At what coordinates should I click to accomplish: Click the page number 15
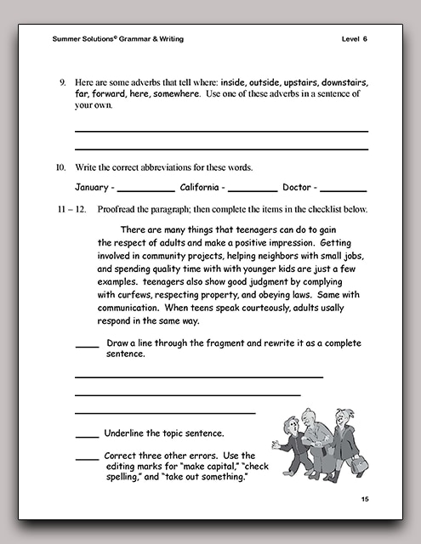click(x=364, y=498)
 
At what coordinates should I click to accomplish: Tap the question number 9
click(x=62, y=82)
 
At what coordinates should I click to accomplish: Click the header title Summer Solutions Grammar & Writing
click(x=117, y=39)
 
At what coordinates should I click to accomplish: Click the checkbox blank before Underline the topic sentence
click(x=87, y=436)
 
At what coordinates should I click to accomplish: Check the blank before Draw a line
click(x=87, y=345)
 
